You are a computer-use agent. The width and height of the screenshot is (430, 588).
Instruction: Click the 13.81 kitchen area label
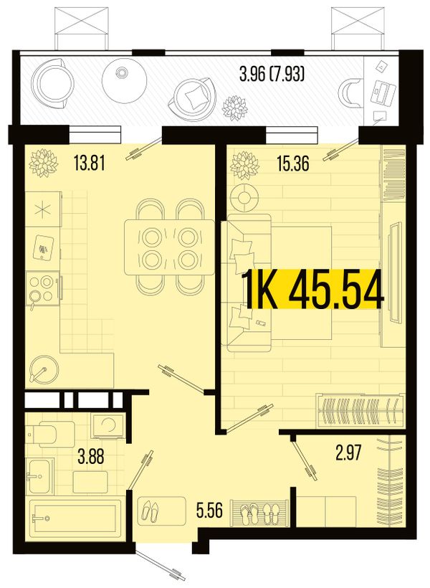(90, 164)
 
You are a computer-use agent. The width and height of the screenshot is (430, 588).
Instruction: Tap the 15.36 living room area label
(293, 164)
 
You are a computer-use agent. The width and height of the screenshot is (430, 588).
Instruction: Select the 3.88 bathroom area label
(91, 457)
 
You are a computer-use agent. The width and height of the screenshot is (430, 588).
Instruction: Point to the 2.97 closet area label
(348, 452)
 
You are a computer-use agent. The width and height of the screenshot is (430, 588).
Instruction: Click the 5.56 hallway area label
(209, 510)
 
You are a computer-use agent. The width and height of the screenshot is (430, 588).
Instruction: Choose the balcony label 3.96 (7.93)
(272, 74)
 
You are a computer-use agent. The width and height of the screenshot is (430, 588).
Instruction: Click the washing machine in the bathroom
(109, 426)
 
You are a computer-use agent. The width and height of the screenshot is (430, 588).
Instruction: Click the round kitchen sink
(43, 369)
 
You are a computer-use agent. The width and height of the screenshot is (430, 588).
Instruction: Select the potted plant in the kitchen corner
(44, 162)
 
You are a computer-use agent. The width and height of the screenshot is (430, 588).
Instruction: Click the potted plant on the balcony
(235, 108)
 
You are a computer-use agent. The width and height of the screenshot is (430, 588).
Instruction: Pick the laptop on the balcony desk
(383, 93)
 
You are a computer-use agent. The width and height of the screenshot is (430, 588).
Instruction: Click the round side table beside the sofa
(244, 197)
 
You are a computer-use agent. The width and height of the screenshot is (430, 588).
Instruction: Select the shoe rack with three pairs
(259, 513)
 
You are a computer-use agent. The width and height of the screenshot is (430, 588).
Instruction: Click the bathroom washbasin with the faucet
(39, 476)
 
